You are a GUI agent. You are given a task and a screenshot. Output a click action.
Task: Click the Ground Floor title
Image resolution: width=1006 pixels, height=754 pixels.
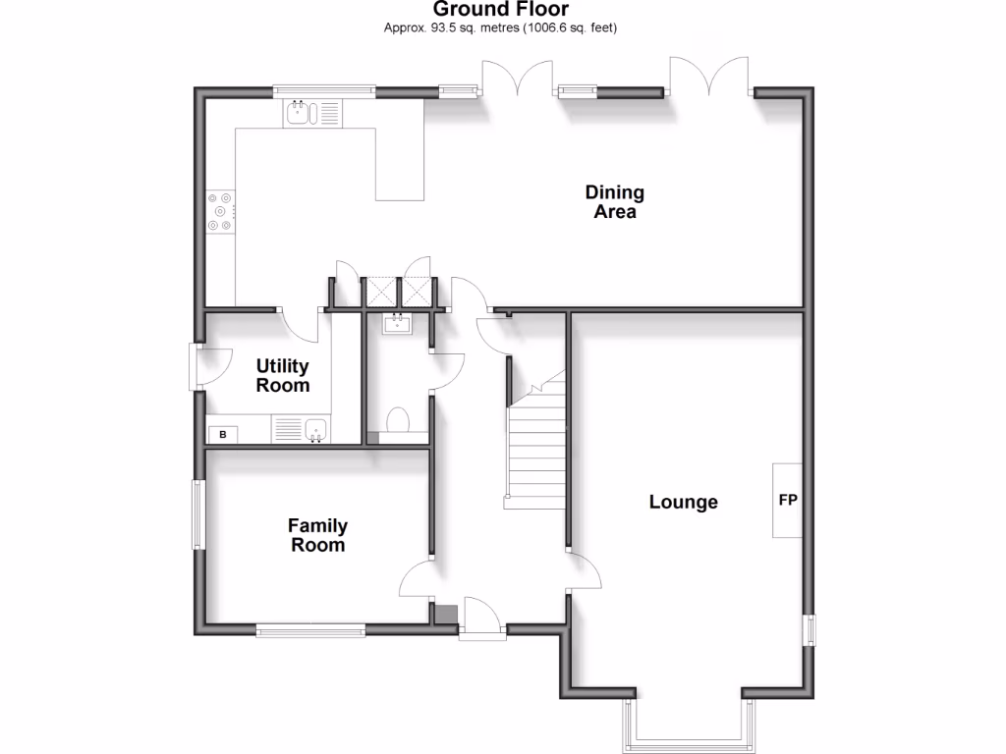501,9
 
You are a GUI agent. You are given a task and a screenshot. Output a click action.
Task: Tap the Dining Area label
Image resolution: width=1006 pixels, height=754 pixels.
614,201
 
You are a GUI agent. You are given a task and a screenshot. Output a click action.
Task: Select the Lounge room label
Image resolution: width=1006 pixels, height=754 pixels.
684,502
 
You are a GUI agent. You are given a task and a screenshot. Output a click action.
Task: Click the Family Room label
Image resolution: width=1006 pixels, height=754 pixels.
317,535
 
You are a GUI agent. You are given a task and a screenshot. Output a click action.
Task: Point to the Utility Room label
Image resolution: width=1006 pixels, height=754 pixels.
282,375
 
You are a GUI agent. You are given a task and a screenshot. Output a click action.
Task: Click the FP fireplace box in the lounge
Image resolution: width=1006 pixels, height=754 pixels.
787,500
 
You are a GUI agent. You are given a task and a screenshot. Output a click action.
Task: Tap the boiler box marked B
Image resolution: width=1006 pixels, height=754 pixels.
222,434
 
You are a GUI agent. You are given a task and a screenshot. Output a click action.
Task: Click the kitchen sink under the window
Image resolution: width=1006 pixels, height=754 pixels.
299,113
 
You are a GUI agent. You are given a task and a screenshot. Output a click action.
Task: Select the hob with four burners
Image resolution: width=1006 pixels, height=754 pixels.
221,210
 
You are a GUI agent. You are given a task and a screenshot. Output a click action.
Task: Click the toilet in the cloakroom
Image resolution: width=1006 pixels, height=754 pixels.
398,420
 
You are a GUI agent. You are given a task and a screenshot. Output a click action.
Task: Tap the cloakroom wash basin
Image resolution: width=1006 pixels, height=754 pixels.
398,323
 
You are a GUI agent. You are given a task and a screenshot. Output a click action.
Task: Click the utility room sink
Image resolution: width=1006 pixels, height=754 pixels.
315,429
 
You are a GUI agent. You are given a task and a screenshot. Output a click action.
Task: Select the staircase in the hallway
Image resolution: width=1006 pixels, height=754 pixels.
536,447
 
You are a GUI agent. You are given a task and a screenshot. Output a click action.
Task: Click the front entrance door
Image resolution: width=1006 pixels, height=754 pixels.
481,619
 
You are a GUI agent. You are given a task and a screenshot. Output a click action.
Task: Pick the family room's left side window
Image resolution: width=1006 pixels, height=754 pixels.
198,513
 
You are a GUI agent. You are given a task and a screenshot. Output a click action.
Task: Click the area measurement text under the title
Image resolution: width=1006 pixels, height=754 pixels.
501,27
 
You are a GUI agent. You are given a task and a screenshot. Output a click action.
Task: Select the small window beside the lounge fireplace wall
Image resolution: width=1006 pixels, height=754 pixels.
810,629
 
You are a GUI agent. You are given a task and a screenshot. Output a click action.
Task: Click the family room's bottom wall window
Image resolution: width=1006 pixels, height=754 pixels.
309,630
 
